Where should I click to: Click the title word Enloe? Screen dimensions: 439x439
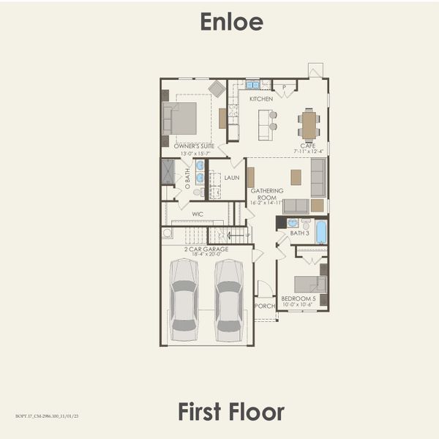[x=231, y=22]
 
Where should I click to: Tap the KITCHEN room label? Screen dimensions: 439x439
[x=261, y=99]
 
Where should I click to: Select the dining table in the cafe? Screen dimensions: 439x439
[x=309, y=124]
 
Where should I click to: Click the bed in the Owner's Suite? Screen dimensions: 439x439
[x=180, y=118]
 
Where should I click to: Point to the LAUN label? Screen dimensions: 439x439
[x=232, y=178]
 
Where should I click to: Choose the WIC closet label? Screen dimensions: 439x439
[x=198, y=214]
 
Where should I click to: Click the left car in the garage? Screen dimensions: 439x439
[x=184, y=299]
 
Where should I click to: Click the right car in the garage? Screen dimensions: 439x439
[x=229, y=299]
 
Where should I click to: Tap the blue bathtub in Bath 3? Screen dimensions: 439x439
[x=321, y=232]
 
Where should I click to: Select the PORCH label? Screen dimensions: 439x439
[x=264, y=306]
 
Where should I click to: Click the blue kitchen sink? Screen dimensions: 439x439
[x=252, y=84]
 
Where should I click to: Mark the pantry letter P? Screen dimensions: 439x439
[x=285, y=87]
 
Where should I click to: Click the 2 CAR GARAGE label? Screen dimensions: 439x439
[x=206, y=249]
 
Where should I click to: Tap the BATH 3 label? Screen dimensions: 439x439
[x=300, y=233]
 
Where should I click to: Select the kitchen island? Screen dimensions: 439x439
[x=266, y=125]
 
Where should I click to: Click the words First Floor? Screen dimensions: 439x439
[x=231, y=411]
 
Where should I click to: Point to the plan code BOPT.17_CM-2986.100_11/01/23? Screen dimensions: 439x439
[x=47, y=416]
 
